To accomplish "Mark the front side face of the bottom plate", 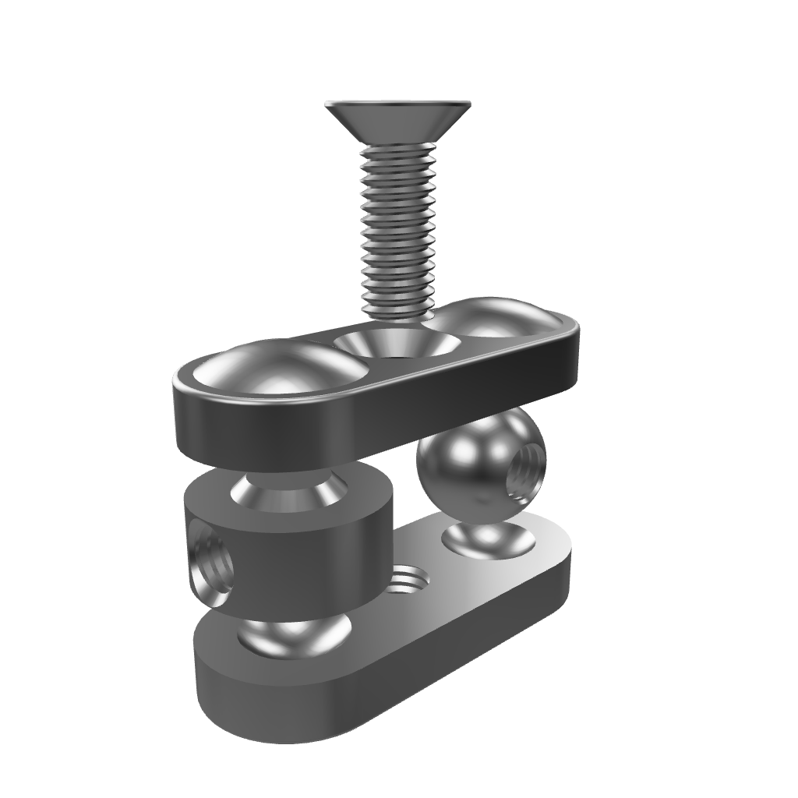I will (x=312, y=705).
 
